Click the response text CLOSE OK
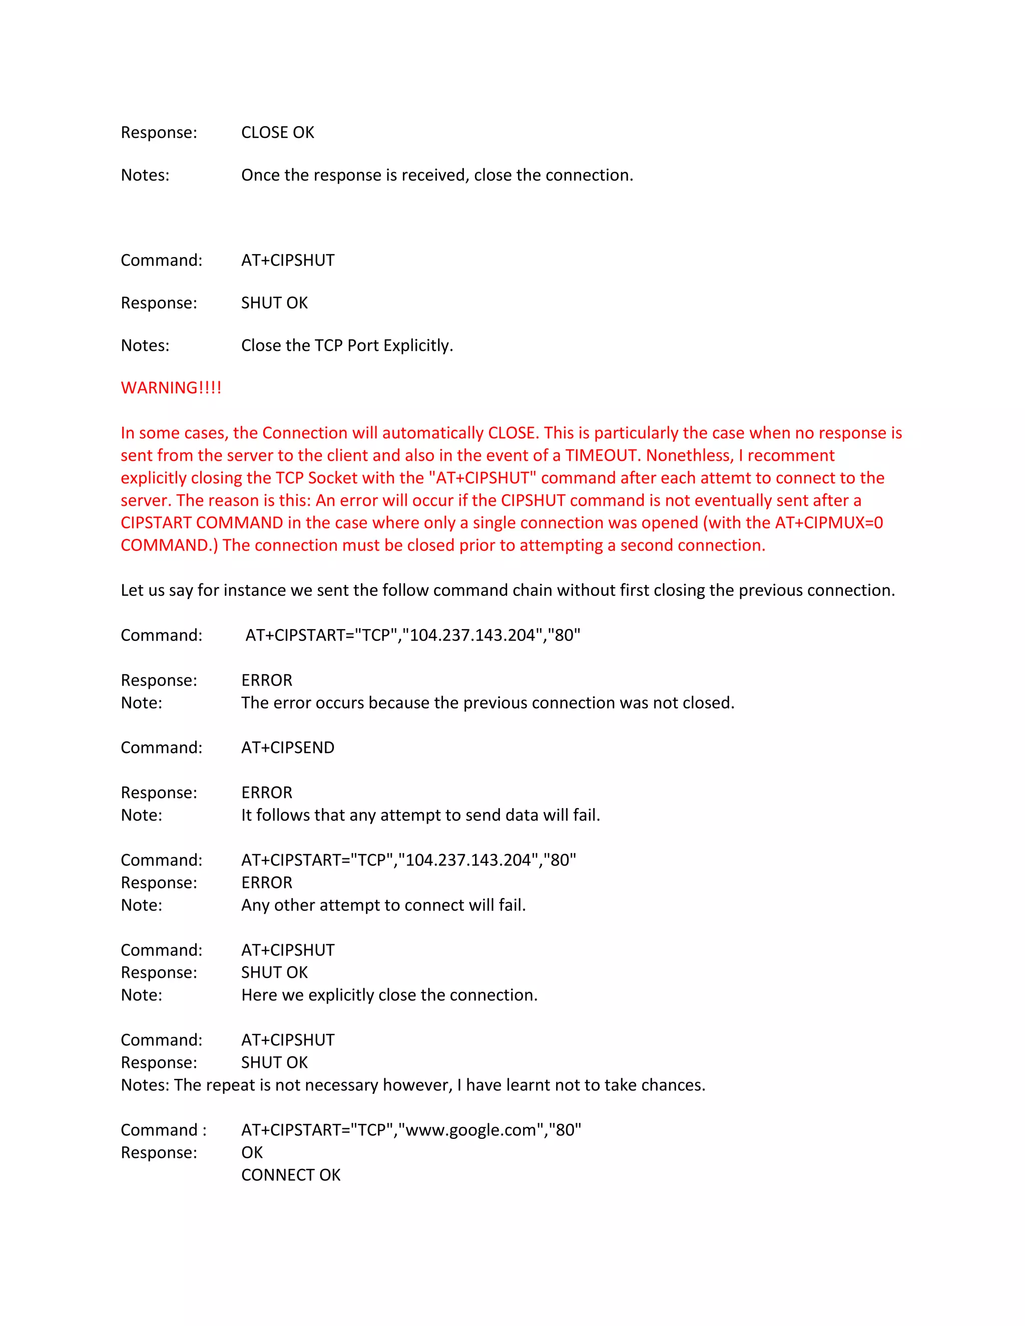click(277, 133)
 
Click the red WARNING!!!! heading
click(171, 388)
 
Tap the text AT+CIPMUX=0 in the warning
click(829, 523)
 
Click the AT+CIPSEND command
click(288, 748)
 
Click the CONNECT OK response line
click(291, 1175)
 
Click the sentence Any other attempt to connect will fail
click(383, 905)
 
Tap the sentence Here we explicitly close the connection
click(389, 995)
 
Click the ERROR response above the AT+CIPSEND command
click(267, 680)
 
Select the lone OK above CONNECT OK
click(252, 1152)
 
